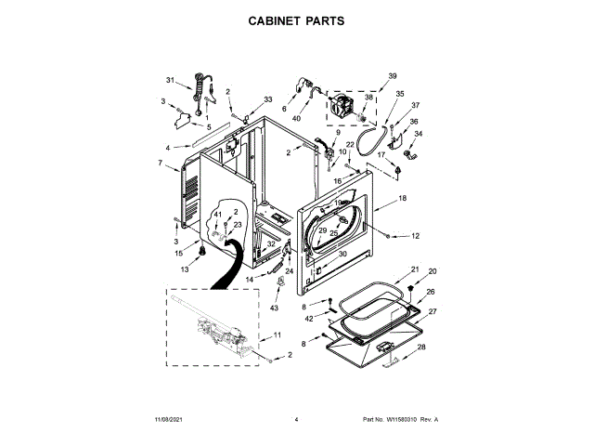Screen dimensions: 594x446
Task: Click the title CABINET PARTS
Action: pos(297,19)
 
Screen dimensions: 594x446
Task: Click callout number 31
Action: pos(170,79)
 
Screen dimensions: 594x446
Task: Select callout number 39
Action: pos(393,75)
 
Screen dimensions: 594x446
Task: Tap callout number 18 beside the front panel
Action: pos(402,199)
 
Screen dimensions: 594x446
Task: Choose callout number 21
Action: pos(415,270)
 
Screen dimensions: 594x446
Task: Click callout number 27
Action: pos(432,311)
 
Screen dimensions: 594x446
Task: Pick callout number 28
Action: pos(421,347)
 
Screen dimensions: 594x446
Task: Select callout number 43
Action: pos(274,308)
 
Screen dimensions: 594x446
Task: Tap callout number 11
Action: pos(278,334)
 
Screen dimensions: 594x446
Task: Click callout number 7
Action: pos(161,164)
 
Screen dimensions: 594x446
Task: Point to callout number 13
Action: pos(184,269)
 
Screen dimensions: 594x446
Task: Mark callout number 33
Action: pos(268,98)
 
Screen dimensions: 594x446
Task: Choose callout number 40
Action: pos(297,118)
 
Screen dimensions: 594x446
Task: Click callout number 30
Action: pos(342,254)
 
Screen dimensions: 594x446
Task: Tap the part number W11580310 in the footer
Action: pos(400,420)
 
